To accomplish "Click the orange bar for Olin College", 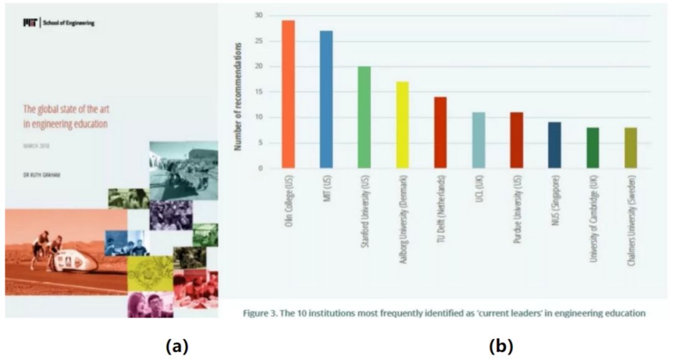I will (288, 94).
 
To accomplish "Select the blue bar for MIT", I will (327, 99).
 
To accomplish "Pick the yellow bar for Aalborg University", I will (403, 125).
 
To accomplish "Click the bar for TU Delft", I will (441, 132).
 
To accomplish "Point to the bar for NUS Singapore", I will (554, 145).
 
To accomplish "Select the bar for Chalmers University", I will (630, 148).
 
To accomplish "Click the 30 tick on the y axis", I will (259, 15).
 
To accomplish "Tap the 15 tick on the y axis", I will (259, 92).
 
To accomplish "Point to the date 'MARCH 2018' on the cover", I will (36, 148).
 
